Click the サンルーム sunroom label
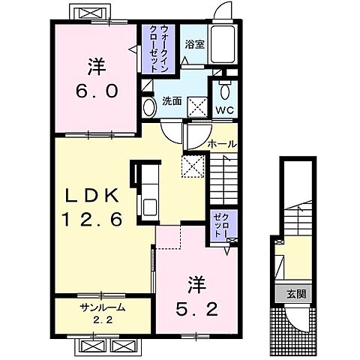(102, 307)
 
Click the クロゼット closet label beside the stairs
(223, 224)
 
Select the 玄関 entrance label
(289, 293)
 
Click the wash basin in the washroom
(148, 108)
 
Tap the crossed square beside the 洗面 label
(196, 105)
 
